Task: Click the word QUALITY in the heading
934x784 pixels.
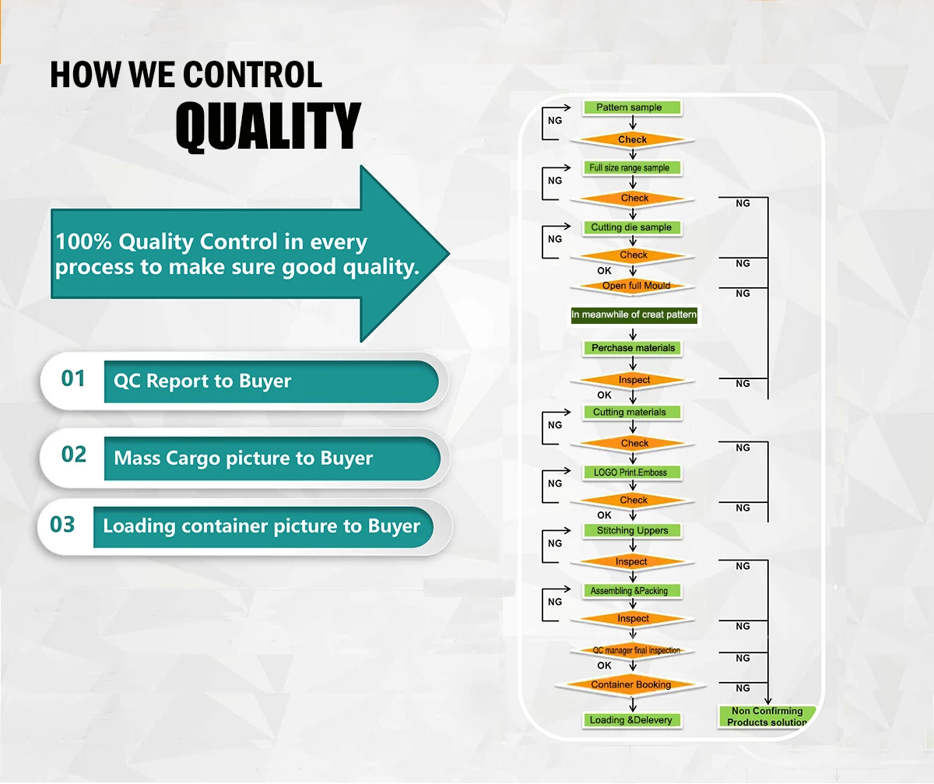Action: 268,126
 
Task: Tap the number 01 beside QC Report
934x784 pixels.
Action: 73,378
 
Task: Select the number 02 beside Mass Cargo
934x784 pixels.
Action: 74,454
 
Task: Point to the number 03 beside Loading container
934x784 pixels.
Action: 62,525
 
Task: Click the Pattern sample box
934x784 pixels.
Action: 632,107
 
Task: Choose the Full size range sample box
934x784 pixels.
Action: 632,168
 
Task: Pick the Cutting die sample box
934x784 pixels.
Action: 632,227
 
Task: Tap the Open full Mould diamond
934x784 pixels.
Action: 633,287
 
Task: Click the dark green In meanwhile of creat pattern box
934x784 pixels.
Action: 634,315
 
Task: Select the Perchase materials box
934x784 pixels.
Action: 632,348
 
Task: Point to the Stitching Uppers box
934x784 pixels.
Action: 632,531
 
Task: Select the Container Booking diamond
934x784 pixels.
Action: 630,684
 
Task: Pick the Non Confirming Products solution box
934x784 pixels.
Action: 767,716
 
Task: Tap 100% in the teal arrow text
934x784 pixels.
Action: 83,241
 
